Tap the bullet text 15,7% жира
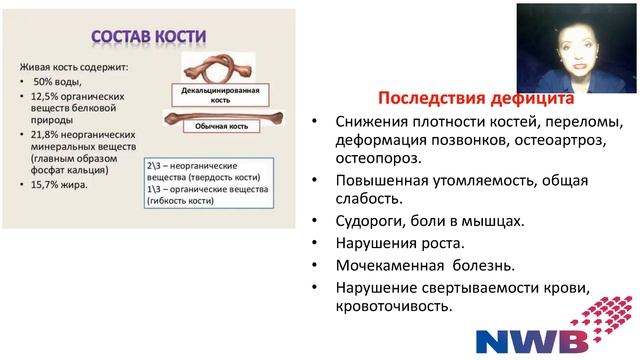pos(60,184)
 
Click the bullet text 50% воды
pos(64,79)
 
